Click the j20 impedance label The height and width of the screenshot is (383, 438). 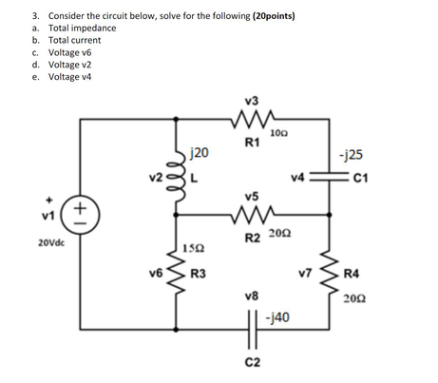coord(200,152)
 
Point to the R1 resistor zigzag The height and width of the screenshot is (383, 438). coord(251,121)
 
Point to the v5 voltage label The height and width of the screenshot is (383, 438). coord(251,197)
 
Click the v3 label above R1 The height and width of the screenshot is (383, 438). coord(251,99)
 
